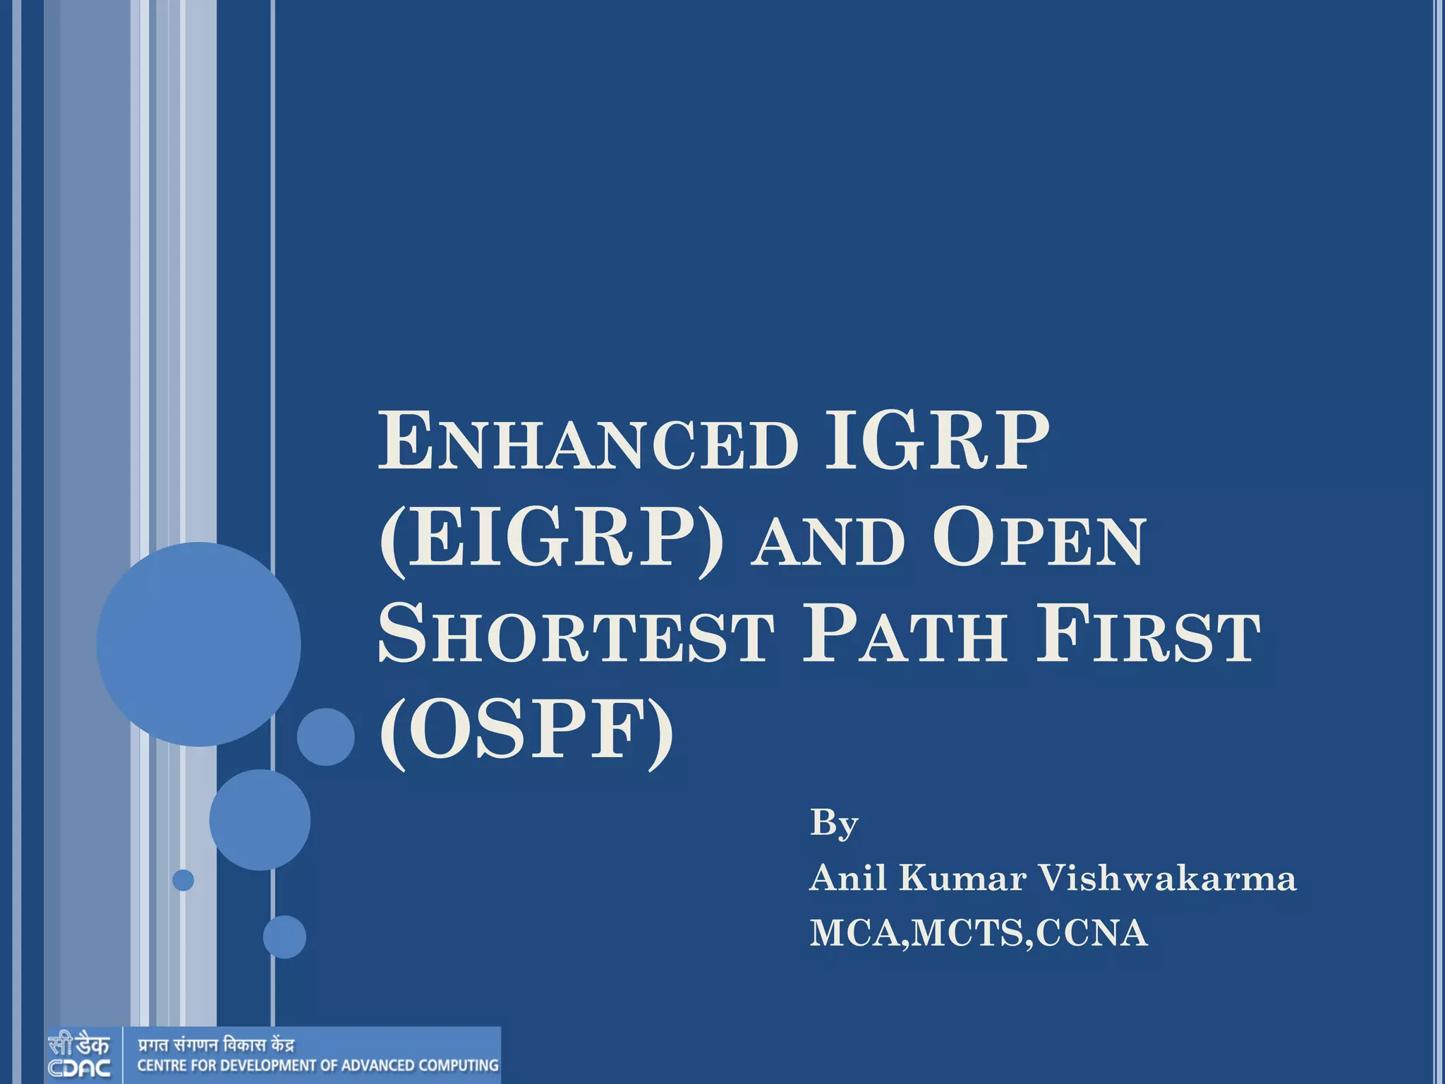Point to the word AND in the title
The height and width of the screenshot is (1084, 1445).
point(828,542)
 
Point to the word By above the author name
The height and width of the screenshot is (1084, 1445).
point(833,824)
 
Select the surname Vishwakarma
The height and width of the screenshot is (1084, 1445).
point(1166,879)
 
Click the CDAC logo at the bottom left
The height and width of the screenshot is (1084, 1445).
point(79,1055)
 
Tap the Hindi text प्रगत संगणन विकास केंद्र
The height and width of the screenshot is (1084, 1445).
point(215,1044)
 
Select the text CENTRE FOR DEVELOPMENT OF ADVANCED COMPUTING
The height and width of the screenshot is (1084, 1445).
point(318,1066)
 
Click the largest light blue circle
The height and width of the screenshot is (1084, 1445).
point(198,644)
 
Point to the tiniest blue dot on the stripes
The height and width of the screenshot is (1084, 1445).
point(183,880)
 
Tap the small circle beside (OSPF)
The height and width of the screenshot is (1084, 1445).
point(325,737)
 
